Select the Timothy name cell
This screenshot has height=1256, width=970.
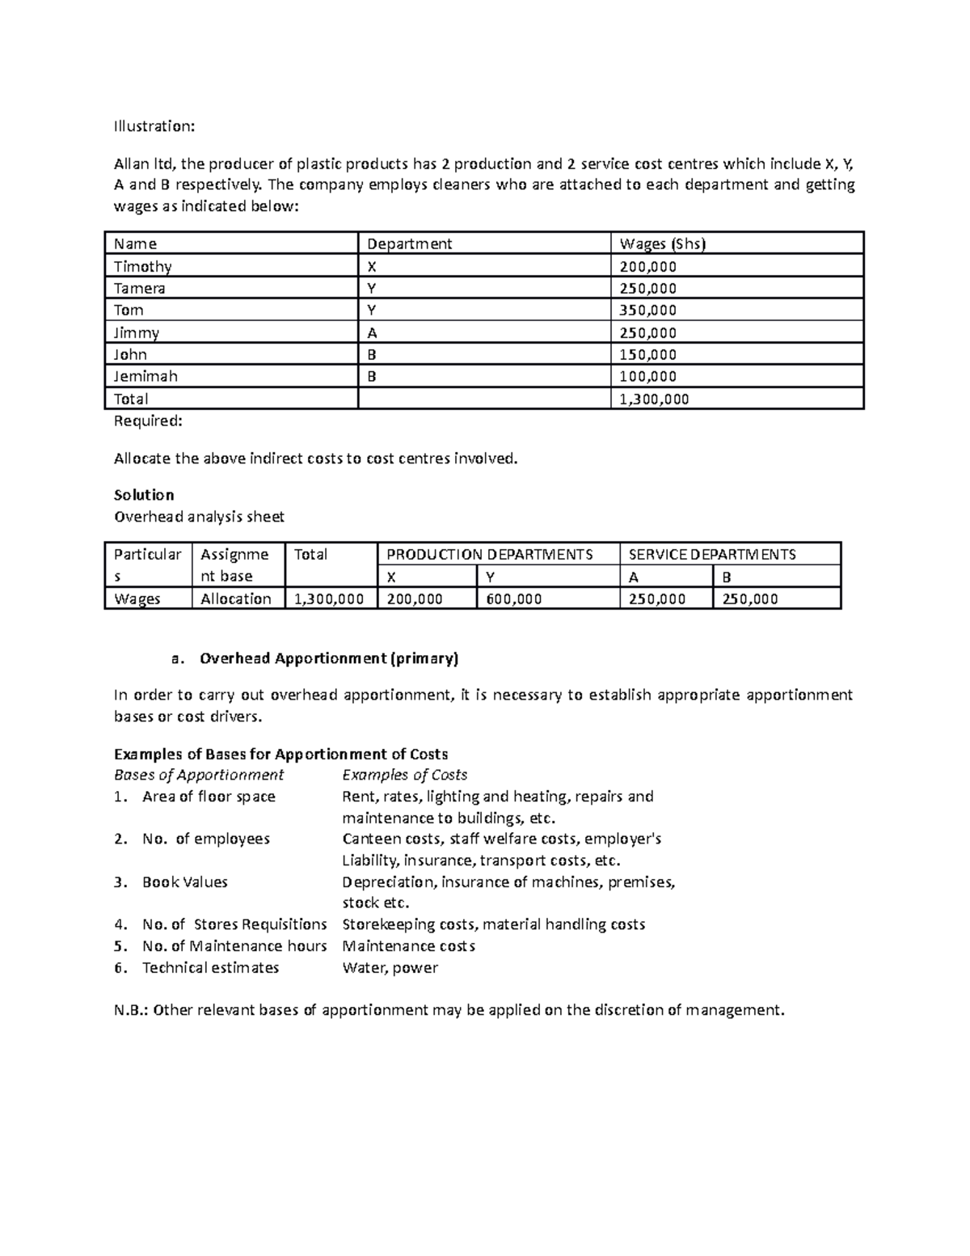tap(143, 266)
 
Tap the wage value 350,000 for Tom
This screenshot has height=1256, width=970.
tap(647, 310)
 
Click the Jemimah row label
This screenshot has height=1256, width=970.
tap(145, 376)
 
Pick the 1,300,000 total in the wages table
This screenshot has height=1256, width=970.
tap(654, 399)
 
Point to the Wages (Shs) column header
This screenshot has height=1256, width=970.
tap(662, 243)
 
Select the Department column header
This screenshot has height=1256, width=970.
tap(409, 243)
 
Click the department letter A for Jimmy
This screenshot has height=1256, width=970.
tap(372, 332)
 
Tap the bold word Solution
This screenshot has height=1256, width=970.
tap(144, 495)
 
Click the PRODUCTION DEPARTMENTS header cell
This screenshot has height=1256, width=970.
tap(489, 554)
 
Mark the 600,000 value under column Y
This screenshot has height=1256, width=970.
tap(513, 598)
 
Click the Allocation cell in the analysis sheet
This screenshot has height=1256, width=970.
tap(235, 598)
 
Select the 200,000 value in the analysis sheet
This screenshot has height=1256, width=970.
tap(414, 598)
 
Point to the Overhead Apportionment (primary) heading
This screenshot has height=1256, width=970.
tap(328, 658)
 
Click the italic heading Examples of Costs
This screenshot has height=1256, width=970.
tap(404, 775)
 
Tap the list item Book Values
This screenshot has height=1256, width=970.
tap(184, 882)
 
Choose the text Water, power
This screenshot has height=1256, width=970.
tap(390, 968)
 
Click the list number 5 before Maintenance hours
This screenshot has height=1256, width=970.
tap(120, 946)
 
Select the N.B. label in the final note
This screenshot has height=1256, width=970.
tap(129, 1010)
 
